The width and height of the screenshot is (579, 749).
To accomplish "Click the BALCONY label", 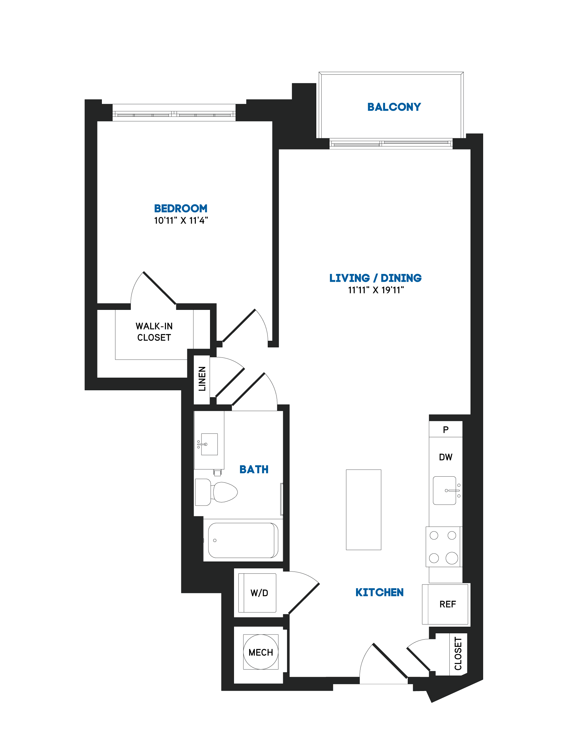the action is coord(394,107).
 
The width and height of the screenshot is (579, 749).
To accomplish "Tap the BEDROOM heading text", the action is coord(181,208).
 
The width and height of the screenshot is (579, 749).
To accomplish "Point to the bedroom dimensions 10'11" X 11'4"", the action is coord(181,221).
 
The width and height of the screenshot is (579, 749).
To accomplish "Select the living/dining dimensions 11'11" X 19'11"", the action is coord(376,290).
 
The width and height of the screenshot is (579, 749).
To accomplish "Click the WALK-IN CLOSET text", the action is coord(154,332).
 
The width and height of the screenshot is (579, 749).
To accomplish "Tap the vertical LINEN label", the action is coord(202,379).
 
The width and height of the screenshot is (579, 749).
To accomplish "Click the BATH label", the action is coord(254,469).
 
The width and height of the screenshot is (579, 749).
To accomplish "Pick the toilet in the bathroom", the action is coord(216,492).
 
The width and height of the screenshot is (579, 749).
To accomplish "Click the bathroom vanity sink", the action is coord(209,444).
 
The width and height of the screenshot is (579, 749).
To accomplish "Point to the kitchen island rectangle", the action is coord(364,510).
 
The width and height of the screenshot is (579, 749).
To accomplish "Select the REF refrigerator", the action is coord(446,604).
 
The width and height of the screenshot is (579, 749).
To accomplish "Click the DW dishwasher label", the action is coord(446,457).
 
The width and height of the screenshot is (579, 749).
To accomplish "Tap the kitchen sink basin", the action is coord(445,491).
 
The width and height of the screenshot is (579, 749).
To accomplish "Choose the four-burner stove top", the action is coord(443,547).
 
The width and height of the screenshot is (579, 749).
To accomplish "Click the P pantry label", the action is coord(446,430).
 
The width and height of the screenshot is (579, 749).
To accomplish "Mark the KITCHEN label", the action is coord(379,593).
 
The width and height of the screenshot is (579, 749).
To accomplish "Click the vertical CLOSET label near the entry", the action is coord(458,654).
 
